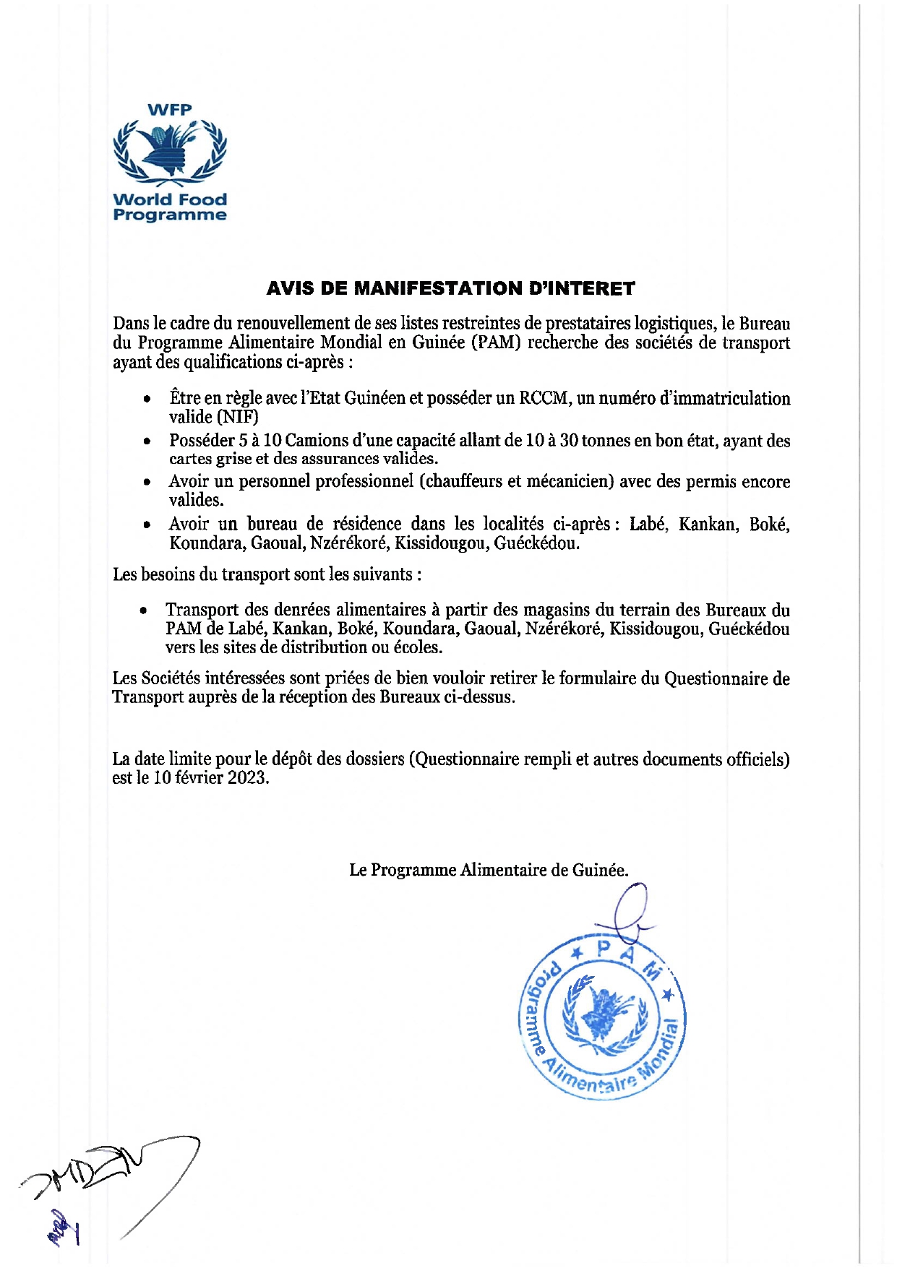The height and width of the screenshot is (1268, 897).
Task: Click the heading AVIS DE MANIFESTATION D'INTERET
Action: pos(450,288)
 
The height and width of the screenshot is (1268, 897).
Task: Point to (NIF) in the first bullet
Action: pos(233,417)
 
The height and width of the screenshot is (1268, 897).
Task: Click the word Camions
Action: pos(312,441)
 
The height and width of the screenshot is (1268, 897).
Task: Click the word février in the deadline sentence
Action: pos(197,778)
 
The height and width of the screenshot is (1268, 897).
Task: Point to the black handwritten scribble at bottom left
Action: pos(108,1171)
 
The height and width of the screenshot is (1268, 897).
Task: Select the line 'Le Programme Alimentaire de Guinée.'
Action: pos(489,870)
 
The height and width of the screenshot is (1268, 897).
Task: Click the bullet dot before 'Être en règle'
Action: pos(147,399)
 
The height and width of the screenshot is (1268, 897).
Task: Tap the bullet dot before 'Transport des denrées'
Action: pos(144,611)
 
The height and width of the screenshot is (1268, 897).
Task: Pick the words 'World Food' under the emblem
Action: pos(170,199)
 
